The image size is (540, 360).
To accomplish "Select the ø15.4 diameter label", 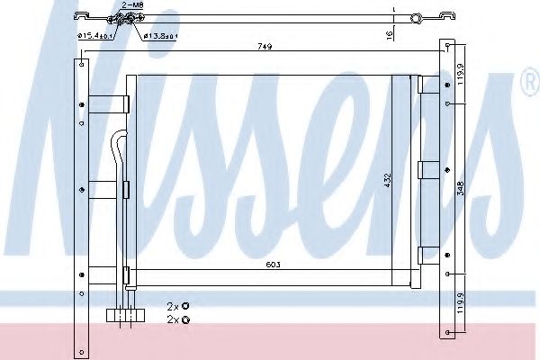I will click(x=94, y=35).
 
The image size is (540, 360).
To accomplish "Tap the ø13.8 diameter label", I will click(x=161, y=35).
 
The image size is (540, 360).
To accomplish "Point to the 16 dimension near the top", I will click(x=390, y=34).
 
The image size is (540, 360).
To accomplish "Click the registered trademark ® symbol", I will click(x=529, y=85).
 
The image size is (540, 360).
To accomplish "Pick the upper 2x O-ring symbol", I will click(x=185, y=306).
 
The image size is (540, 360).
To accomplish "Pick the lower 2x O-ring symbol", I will click(x=185, y=319).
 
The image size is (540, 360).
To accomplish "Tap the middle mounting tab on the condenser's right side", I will click(x=427, y=171).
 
